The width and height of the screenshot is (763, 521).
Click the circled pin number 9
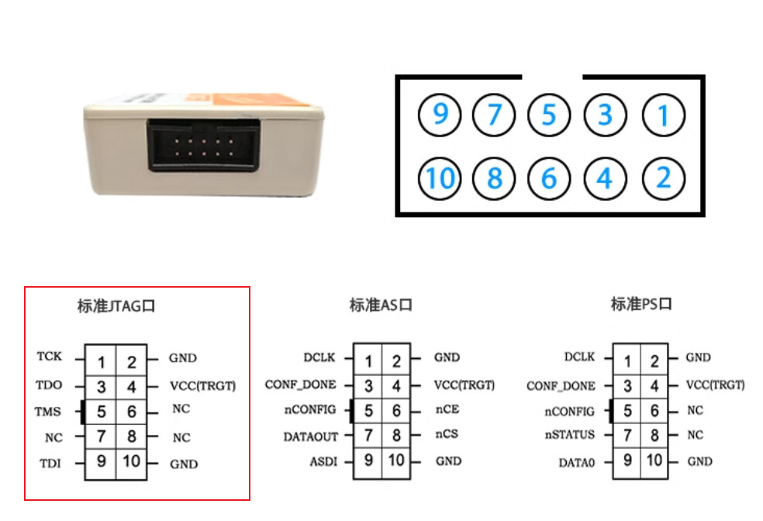click(440, 115)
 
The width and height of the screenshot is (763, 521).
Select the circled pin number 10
click(440, 178)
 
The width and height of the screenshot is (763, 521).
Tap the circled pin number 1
click(664, 116)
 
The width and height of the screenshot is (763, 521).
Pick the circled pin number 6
click(549, 178)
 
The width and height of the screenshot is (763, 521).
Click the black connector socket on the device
click(203, 146)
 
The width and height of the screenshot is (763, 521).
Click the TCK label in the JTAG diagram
click(49, 357)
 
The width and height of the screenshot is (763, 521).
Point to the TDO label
click(49, 385)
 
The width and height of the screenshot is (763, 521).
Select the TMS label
click(48, 412)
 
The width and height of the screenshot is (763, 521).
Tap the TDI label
click(50, 463)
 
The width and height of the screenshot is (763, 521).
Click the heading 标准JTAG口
click(116, 306)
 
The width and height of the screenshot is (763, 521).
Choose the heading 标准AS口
click(381, 305)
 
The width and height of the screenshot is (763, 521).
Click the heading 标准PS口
click(641, 304)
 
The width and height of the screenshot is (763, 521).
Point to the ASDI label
click(323, 461)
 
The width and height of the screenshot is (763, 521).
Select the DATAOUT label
click(310, 436)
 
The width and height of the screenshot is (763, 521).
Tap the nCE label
click(447, 409)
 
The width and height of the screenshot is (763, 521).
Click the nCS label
click(447, 434)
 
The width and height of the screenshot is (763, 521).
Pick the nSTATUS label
click(569, 435)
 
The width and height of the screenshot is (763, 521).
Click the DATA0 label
click(577, 463)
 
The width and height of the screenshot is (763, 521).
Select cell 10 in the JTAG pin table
click(131, 461)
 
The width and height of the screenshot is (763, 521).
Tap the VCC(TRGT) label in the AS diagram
click(464, 385)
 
